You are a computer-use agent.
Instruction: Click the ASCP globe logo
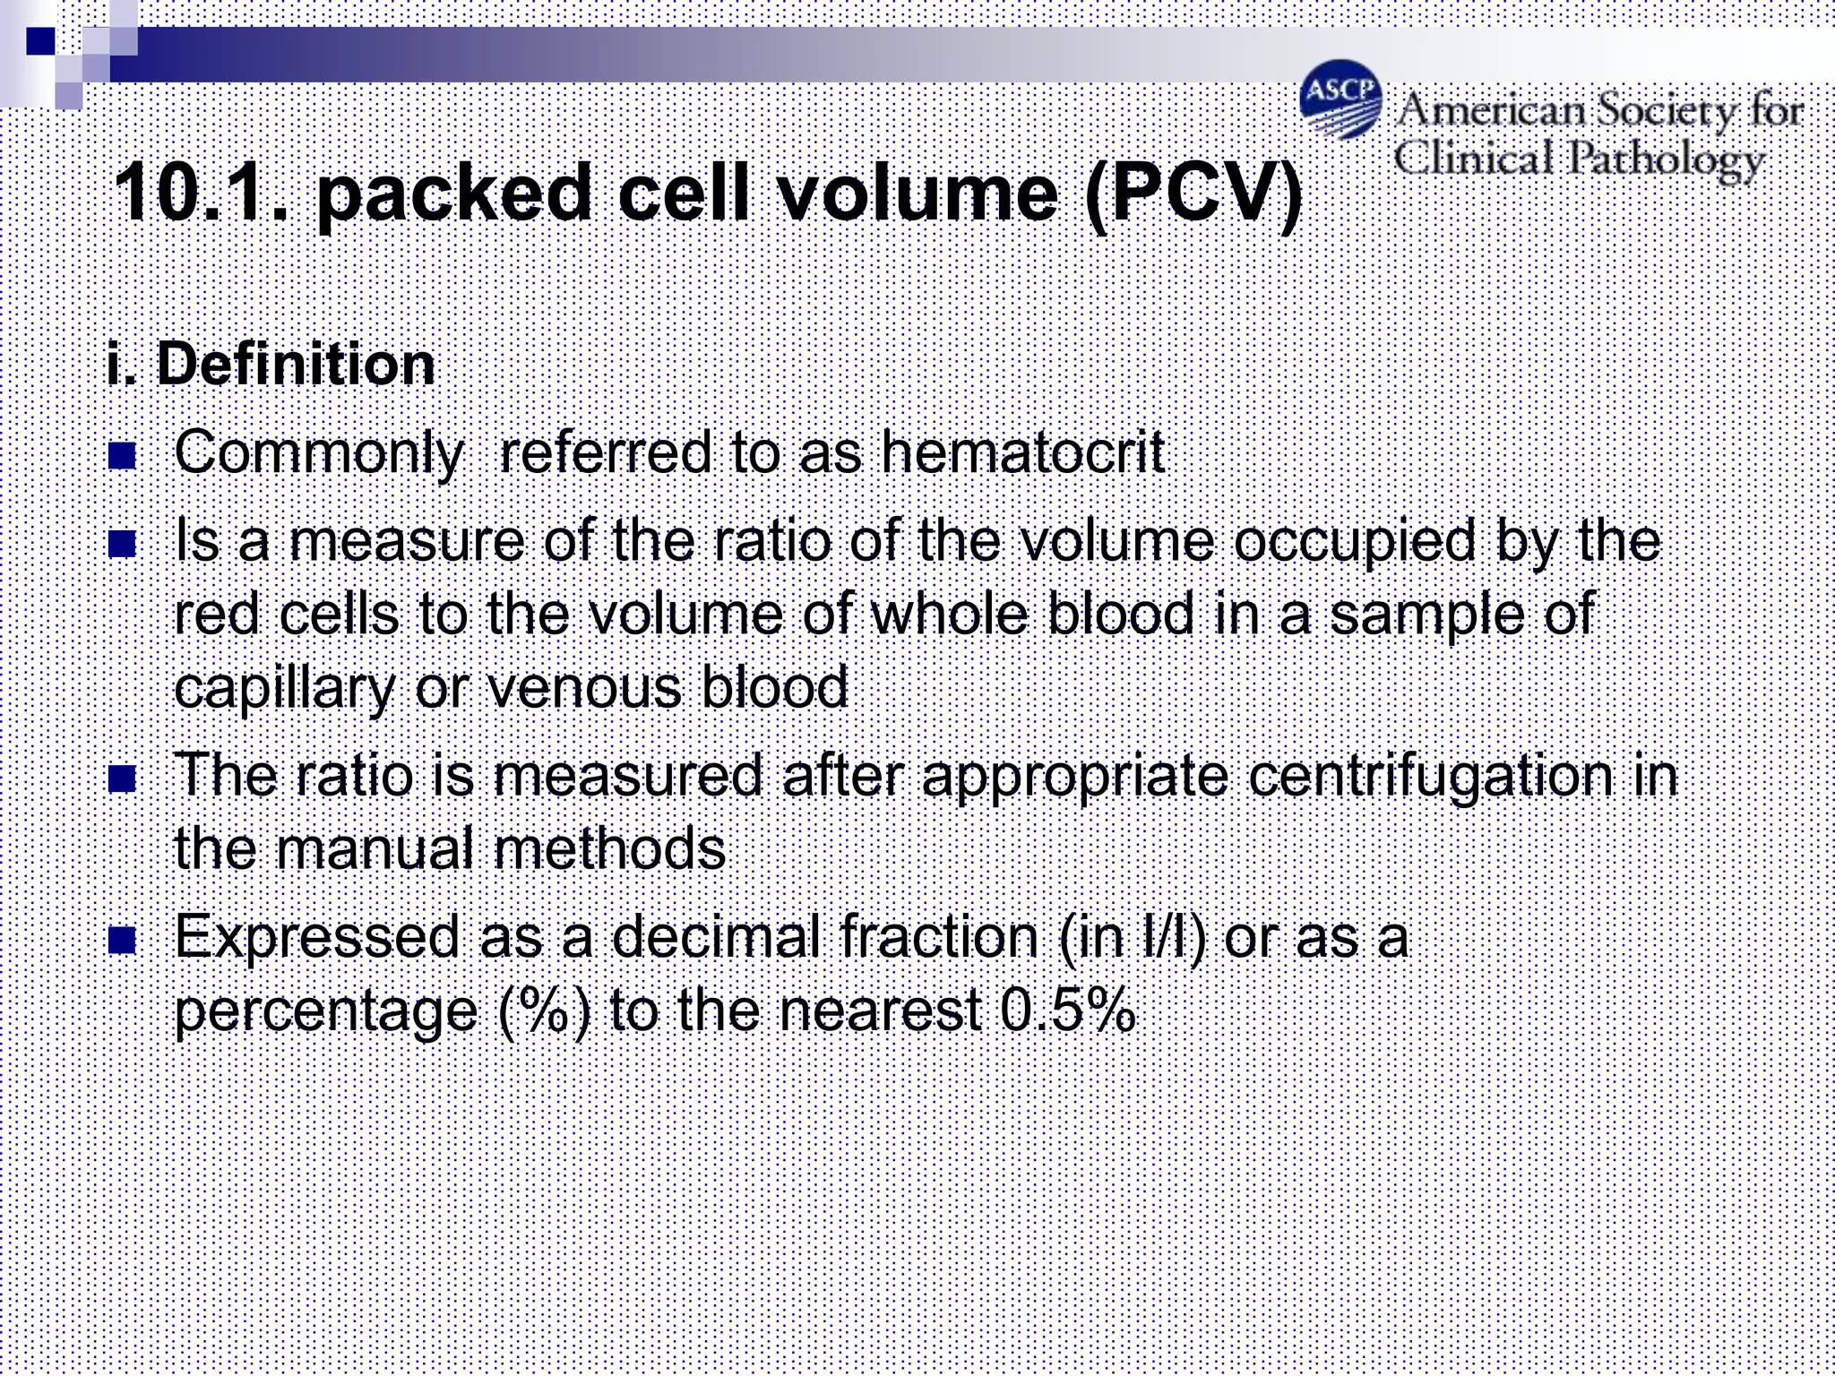coord(1340,99)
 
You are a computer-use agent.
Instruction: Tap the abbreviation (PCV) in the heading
coord(1193,193)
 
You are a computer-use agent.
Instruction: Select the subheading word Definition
coord(296,365)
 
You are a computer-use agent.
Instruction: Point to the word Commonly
coord(319,453)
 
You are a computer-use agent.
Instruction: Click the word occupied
coord(1354,543)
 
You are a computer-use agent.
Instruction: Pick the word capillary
coord(285,688)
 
